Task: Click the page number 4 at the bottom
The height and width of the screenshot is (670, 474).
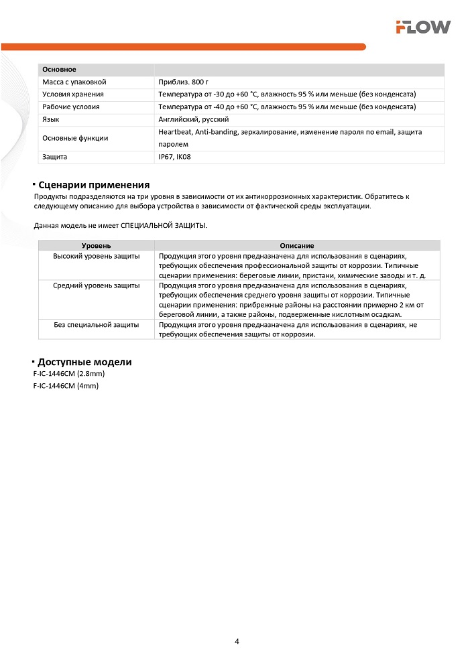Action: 237,641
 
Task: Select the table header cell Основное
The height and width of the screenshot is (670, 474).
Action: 59,70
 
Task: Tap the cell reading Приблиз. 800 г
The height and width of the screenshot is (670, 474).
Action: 179,82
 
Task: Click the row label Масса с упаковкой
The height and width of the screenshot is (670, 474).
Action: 74,82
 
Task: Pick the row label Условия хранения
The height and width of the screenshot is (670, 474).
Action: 73,94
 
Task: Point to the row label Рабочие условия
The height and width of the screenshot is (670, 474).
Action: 71,107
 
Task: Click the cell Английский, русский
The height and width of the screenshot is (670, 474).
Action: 194,119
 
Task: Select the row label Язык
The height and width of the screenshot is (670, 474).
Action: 51,119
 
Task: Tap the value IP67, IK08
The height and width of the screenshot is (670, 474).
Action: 174,157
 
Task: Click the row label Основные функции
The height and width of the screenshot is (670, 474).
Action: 75,138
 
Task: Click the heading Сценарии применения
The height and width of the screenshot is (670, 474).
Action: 94,185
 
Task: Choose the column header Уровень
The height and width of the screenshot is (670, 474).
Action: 96,246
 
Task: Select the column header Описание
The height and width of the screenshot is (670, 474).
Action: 296,246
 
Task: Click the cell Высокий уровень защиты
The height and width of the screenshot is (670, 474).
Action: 96,257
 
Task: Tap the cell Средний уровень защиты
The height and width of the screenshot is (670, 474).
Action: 96,285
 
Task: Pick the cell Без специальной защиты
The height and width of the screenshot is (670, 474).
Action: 96,324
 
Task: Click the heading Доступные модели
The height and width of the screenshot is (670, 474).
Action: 84,362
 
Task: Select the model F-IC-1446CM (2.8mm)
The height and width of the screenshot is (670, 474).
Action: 69,374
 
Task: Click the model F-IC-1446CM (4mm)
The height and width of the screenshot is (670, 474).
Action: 66,387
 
